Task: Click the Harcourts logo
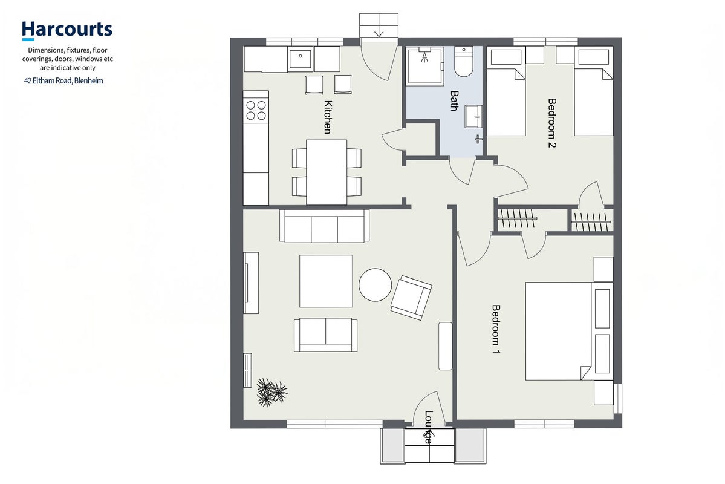pyautogui.click(x=67, y=30)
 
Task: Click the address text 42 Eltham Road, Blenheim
pyautogui.click(x=64, y=81)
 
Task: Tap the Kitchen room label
pyautogui.click(x=327, y=117)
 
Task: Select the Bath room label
pyautogui.click(x=454, y=100)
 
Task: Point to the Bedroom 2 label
pyautogui.click(x=551, y=123)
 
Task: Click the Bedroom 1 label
pyautogui.click(x=496, y=329)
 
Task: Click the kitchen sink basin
pyautogui.click(x=301, y=58)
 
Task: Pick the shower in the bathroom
pyautogui.click(x=425, y=65)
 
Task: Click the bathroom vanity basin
pyautogui.click(x=473, y=116)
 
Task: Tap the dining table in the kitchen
pyautogui.click(x=327, y=172)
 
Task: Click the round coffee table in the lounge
pyautogui.click(x=375, y=284)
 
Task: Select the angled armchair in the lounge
pyautogui.click(x=411, y=298)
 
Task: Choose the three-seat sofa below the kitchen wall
pyautogui.click(x=325, y=226)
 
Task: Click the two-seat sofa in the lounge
pyautogui.click(x=325, y=335)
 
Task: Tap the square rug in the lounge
pyautogui.click(x=326, y=281)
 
